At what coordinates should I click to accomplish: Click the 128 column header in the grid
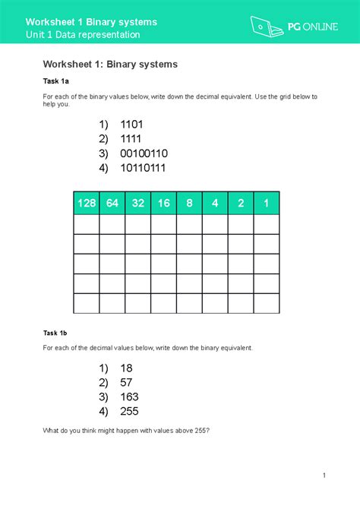86,204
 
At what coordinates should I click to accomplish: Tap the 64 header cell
112,204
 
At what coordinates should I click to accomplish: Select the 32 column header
137,204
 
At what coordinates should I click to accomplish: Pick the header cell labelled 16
163,204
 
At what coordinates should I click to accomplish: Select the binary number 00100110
144,153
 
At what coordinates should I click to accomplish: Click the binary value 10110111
144,168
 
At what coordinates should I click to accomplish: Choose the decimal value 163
129,397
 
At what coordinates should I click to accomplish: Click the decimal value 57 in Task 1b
126,382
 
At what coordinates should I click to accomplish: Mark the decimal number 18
126,368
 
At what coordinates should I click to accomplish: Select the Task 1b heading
55,332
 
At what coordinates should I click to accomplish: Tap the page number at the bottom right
324,476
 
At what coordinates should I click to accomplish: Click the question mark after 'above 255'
208,431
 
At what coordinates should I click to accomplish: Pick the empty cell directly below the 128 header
86,225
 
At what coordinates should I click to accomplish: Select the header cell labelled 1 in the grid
267,204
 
